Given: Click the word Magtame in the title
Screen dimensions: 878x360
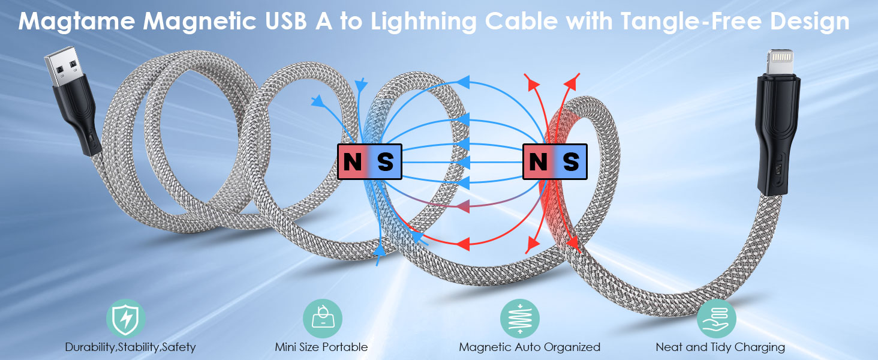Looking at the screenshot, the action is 76,22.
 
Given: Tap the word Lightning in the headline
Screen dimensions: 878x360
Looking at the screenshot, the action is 424,22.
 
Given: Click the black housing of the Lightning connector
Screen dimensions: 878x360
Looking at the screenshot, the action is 777,133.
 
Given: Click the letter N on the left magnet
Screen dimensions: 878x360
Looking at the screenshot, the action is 353,161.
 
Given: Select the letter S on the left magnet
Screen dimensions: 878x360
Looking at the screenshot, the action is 385,161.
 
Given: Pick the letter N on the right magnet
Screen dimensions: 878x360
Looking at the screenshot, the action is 538,161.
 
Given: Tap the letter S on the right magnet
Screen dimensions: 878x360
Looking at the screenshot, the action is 571,161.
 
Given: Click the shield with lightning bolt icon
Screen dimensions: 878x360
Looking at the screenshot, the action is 126,319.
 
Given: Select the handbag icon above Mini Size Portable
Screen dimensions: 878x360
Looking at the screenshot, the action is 323,319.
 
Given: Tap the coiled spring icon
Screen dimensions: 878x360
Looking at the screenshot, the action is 520,319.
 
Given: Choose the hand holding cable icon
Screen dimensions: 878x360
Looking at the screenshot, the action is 717,319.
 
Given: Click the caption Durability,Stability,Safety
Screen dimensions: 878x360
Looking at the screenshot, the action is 130,347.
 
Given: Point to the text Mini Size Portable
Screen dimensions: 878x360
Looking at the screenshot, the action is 321,347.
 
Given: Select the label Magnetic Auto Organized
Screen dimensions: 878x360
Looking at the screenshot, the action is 530,347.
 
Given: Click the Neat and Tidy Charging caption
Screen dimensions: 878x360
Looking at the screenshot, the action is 720,347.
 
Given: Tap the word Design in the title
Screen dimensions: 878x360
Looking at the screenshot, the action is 810,22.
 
